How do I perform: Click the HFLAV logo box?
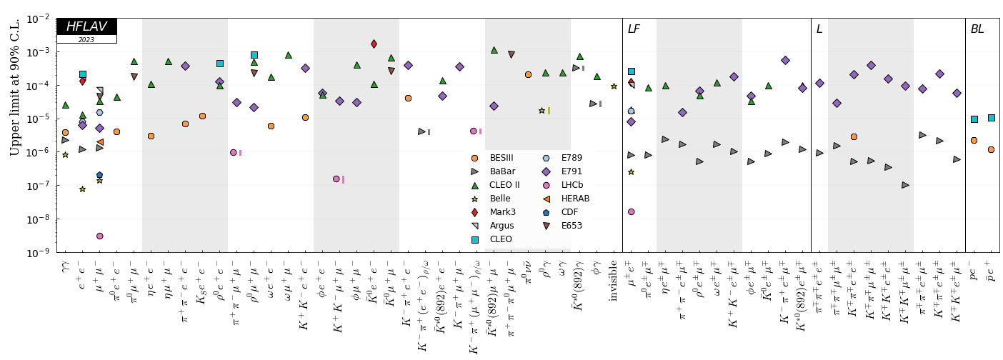[x=86, y=26]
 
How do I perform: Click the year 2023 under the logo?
[x=86, y=40]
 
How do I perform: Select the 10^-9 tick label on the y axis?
[x=39, y=253]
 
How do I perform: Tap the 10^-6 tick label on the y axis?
[x=39, y=152]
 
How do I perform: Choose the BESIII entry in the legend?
[x=501, y=158]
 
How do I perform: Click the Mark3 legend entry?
[x=501, y=212]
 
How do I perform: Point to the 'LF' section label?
[x=634, y=29]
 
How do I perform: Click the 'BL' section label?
[x=977, y=29]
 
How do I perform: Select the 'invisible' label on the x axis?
[x=614, y=281]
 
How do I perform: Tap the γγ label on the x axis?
[x=65, y=268]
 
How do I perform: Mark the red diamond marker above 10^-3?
[x=374, y=44]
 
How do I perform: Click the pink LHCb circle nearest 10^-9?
[x=99, y=236]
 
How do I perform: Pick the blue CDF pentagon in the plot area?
[x=99, y=175]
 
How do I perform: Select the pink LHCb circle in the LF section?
[x=631, y=211]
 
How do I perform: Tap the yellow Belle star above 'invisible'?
[x=614, y=86]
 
